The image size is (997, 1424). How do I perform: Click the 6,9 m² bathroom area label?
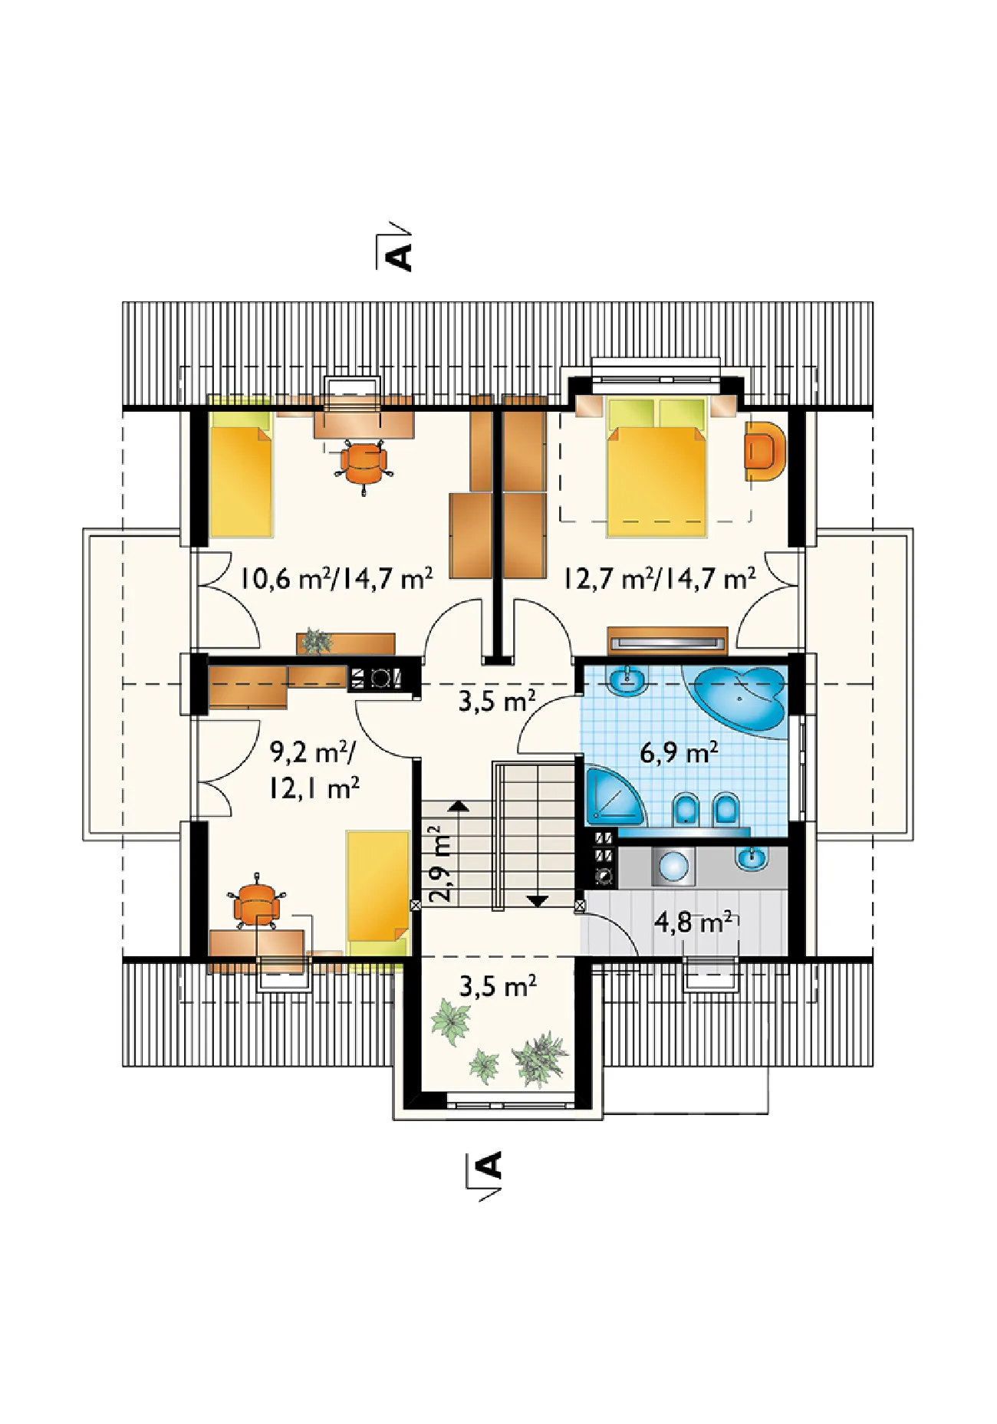[679, 753]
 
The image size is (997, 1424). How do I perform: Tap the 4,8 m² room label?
[693, 922]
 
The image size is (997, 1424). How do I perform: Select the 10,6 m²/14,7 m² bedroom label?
[337, 578]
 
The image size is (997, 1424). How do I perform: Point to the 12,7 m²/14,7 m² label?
[660, 578]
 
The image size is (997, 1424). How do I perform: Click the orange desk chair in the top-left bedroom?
[364, 463]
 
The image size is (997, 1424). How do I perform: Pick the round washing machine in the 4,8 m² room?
[674, 867]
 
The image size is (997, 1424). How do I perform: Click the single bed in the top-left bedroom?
[241, 465]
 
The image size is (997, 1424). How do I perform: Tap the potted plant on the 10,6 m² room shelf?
[316, 641]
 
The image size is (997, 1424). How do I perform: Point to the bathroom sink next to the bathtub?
[628, 679]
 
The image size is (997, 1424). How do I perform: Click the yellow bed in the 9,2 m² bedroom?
[377, 894]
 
